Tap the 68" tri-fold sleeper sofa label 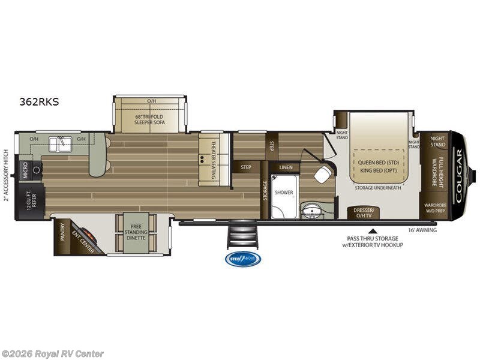pos(149,118)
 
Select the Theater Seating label pos(215,151)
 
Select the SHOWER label pos(283,193)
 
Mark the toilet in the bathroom pos(322,175)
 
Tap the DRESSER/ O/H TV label pos(364,212)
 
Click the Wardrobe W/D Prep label pos(435,207)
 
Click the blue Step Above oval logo pos(242,259)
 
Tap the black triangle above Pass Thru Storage pos(373,230)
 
